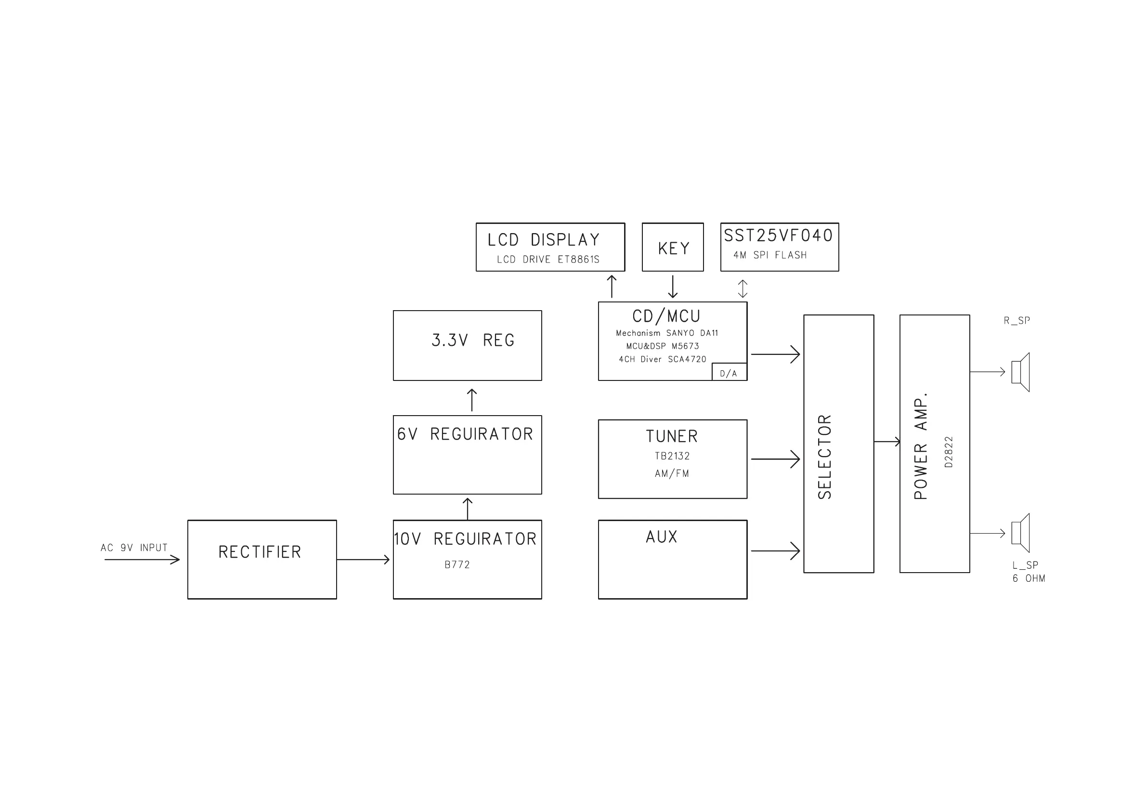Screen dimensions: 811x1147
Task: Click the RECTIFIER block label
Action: (x=260, y=552)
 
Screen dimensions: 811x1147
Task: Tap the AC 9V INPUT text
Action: (x=134, y=548)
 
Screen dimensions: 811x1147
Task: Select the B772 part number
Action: (x=457, y=564)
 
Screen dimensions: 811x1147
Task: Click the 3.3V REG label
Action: (x=472, y=340)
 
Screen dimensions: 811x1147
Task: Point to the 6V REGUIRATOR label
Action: (x=465, y=434)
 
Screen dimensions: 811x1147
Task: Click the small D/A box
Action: (x=729, y=373)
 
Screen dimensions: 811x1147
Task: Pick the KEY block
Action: (x=673, y=248)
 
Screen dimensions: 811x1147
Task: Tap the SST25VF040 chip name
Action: (x=778, y=236)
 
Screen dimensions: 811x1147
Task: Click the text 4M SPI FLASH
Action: (x=770, y=255)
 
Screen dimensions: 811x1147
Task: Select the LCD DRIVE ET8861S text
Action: (x=548, y=260)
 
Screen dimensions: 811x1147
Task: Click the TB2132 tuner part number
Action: (x=672, y=456)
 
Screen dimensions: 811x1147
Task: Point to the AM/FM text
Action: (x=672, y=473)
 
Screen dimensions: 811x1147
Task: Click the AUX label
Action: (x=662, y=537)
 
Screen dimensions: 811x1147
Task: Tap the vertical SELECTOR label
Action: (x=825, y=456)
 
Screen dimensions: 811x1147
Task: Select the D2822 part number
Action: (x=949, y=452)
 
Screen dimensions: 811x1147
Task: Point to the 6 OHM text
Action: (x=1029, y=579)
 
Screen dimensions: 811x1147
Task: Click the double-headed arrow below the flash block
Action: (x=743, y=288)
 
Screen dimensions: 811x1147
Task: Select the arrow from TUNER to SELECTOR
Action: (x=775, y=459)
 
